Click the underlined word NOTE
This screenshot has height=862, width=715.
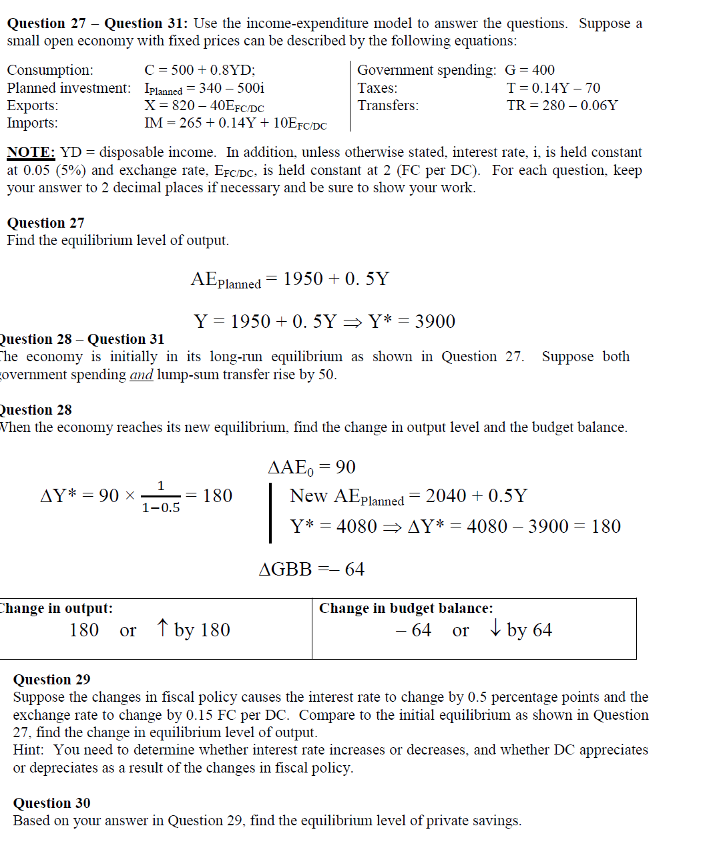(x=31, y=152)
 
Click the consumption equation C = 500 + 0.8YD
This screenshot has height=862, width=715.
(x=200, y=70)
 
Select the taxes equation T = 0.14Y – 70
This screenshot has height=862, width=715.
(x=553, y=88)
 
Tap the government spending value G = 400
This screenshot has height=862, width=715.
(x=529, y=70)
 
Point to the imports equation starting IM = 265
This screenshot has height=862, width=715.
(x=235, y=124)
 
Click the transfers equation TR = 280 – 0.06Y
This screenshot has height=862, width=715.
(x=562, y=105)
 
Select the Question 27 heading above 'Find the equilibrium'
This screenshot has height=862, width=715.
(x=45, y=223)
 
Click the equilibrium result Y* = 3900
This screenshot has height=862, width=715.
(x=411, y=321)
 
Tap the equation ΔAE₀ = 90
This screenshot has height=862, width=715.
(x=312, y=467)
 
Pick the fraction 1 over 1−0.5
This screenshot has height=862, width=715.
(x=160, y=497)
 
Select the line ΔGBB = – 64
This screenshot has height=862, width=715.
(x=311, y=570)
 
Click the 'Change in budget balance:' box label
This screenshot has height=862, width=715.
(x=406, y=608)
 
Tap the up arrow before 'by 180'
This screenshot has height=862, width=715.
(x=162, y=628)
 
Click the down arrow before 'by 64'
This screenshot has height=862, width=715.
(x=495, y=628)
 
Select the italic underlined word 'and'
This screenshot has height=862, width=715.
(x=141, y=375)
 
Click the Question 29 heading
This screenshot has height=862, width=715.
(x=51, y=680)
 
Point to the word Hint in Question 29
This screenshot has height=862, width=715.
(x=26, y=750)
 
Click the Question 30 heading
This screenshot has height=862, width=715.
(x=51, y=803)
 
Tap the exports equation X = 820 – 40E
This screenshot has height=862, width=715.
(x=204, y=106)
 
